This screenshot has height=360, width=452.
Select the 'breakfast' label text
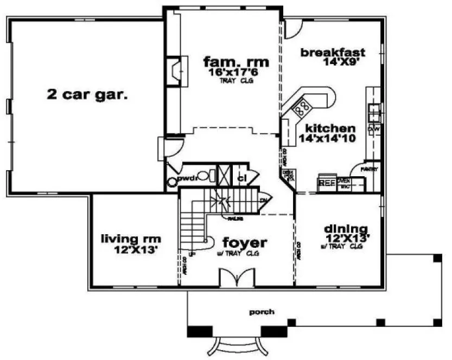click(x=333, y=53)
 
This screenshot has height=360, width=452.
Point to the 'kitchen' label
click(x=330, y=128)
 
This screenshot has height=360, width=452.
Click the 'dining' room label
click(x=346, y=228)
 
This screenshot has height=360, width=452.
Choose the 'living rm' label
click(x=131, y=238)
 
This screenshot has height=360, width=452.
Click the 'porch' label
click(x=262, y=312)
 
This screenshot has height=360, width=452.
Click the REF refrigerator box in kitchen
click(x=326, y=183)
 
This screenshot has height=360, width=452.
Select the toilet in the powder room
click(x=202, y=176)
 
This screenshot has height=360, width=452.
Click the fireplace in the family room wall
click(x=176, y=70)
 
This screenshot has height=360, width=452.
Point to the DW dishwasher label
click(x=373, y=130)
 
